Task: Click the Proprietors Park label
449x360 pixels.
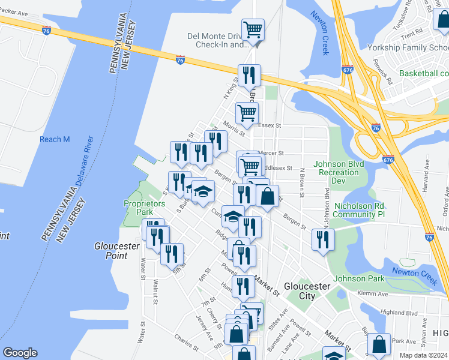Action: (x=144, y=208)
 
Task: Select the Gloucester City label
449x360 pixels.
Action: (x=307, y=291)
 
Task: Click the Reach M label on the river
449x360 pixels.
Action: (x=55, y=139)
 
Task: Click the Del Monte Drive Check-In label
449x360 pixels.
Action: (x=213, y=40)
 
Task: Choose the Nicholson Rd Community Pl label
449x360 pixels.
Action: (x=358, y=209)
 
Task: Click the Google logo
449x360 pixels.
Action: (x=20, y=353)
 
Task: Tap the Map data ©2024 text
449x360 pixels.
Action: (x=423, y=355)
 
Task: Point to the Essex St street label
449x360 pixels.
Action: (x=270, y=126)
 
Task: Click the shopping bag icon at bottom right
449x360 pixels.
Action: (x=379, y=344)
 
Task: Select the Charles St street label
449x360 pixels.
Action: (x=187, y=344)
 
